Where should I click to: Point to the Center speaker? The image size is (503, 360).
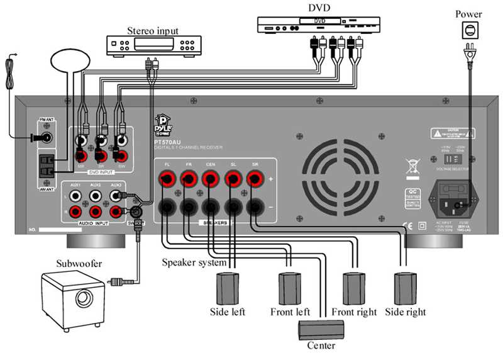[321, 328]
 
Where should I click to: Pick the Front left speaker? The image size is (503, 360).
[290, 290]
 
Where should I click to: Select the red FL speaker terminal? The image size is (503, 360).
[167, 181]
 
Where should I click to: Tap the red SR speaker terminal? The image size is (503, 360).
[255, 181]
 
